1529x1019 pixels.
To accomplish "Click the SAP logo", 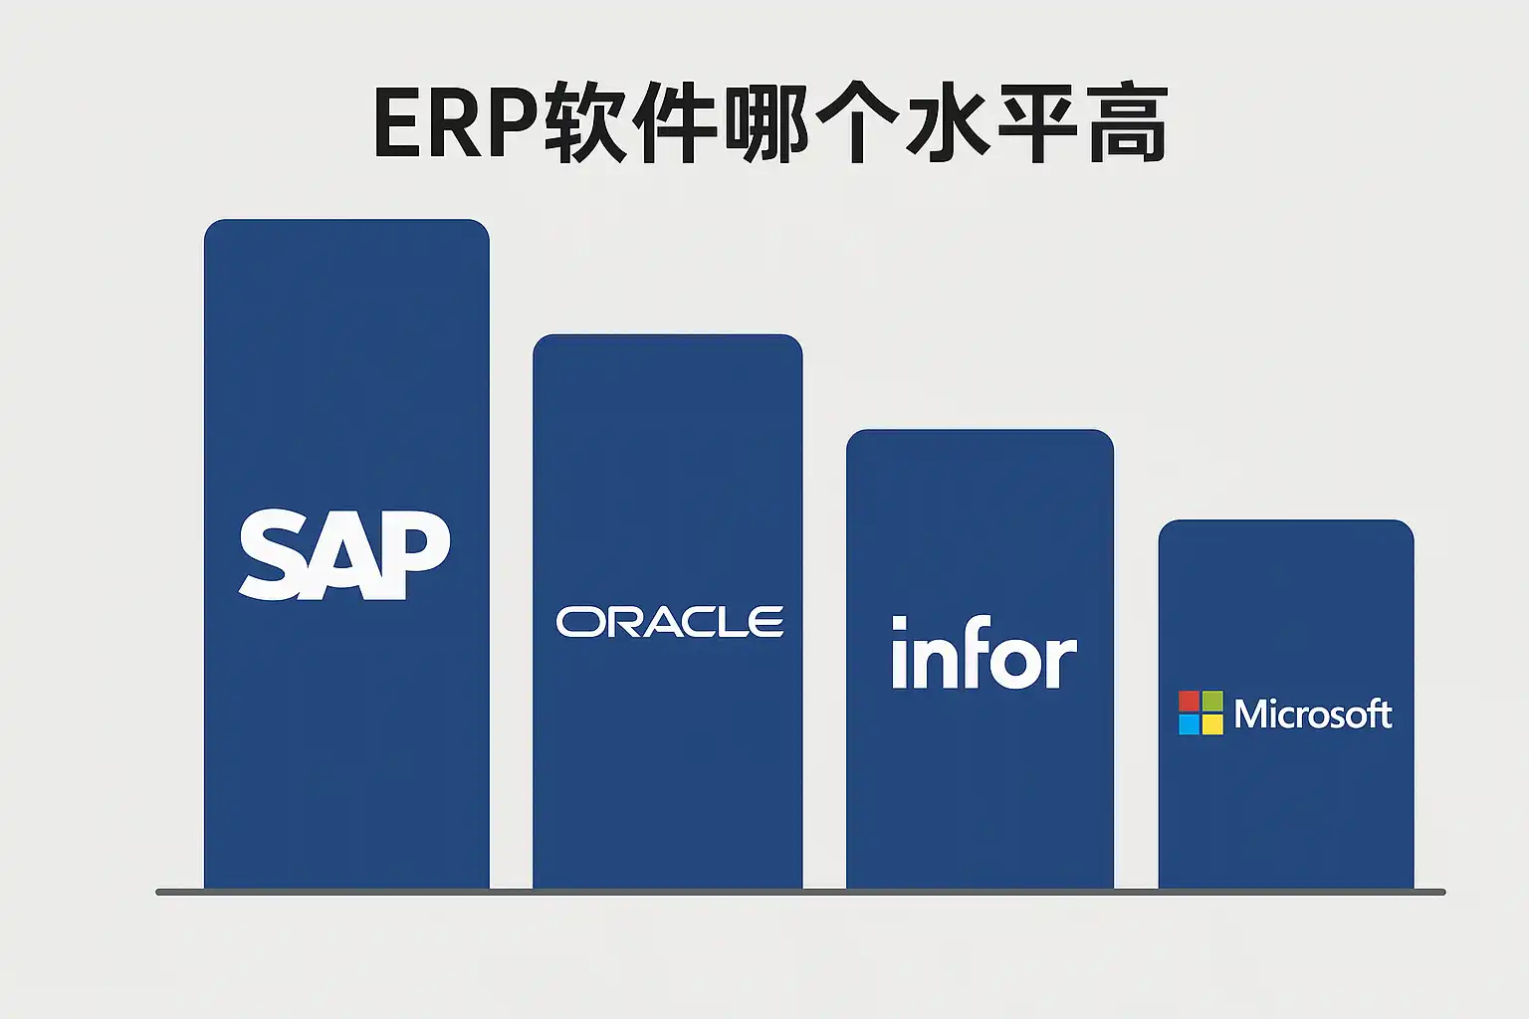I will (x=344, y=554).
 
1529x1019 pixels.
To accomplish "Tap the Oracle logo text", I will (x=670, y=622).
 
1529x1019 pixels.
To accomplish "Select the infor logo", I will (x=983, y=654).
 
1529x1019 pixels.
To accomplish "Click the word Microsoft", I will (x=1313, y=713).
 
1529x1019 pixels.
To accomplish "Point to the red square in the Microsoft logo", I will (x=1189, y=702).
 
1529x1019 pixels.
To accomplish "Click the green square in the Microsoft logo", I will (x=1212, y=702).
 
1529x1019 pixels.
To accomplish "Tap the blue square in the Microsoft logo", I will (x=1189, y=724).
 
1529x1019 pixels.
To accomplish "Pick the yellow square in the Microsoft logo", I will (x=1212, y=724).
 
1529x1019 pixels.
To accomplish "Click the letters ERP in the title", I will (x=457, y=123).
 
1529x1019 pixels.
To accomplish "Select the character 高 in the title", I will (x=1127, y=123).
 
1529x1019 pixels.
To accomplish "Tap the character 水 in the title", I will (x=948, y=123).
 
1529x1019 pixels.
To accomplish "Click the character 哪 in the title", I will (x=766, y=123).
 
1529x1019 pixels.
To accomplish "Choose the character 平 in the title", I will (x=1037, y=123).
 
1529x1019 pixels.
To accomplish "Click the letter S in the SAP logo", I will (x=270, y=554).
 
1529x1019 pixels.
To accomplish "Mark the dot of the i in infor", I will (x=900, y=623).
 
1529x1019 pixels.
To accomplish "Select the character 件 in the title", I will (x=677, y=123).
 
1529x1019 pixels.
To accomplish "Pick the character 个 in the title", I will (x=857, y=123).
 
